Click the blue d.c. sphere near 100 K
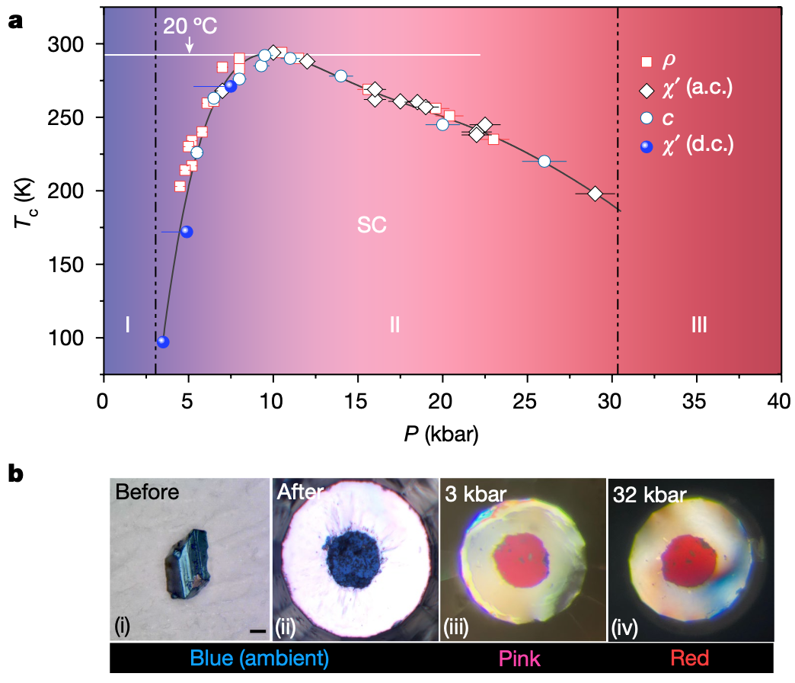162,341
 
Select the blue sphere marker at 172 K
186,232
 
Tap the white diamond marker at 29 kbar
595,194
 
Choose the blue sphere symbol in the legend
647,146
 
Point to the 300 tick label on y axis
76,44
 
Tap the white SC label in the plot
372,225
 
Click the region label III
698,325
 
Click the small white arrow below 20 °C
190,47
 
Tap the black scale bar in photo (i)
257,630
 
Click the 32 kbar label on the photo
650,495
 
